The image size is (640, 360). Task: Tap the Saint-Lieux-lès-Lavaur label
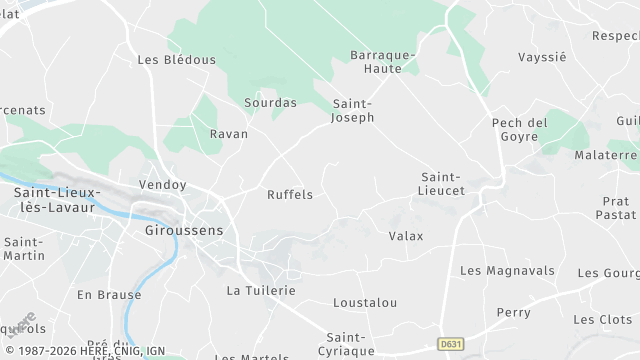(58, 198)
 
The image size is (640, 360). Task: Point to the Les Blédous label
(176, 59)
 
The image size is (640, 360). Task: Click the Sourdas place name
(270, 102)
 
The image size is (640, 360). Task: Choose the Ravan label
(228, 133)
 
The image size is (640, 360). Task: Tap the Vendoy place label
(163, 185)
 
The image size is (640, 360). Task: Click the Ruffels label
(290, 194)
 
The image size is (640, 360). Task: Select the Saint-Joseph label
(353, 110)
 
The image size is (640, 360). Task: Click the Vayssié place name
(542, 57)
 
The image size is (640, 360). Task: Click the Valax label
(406, 236)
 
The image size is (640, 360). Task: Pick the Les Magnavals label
(506, 270)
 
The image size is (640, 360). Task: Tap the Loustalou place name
(365, 302)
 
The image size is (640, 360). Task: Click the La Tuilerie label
(261, 290)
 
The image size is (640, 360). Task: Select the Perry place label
(514, 312)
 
